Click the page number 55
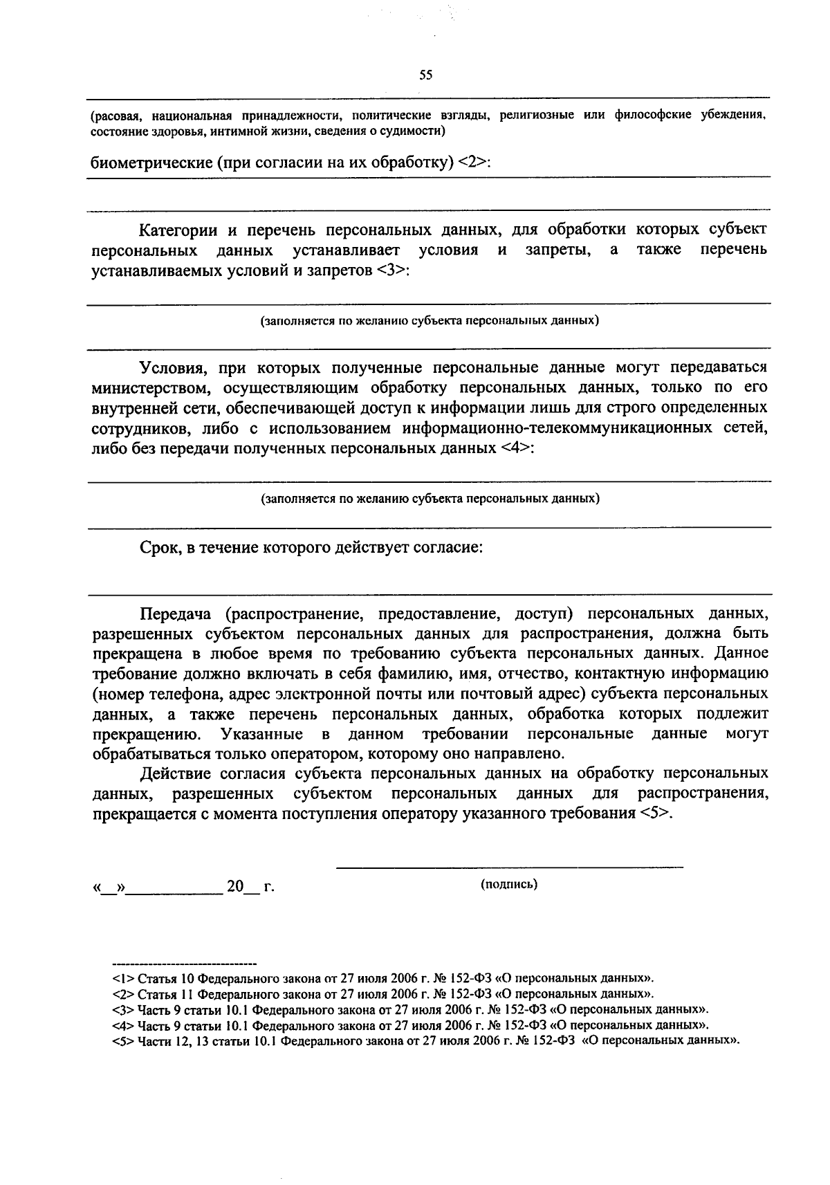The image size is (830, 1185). pos(425,75)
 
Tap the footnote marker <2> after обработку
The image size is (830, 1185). pos(473,163)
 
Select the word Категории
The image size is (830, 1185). pos(178,230)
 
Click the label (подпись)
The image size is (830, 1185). pos(509,884)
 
